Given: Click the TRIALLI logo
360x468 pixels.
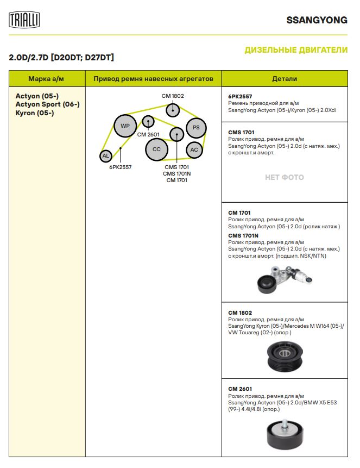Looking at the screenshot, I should pos(24,20).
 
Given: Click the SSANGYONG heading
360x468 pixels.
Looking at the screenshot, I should pos(317,20).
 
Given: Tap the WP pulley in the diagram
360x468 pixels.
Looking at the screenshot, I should pos(125,126).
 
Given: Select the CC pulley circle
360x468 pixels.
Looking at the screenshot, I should pos(156,149).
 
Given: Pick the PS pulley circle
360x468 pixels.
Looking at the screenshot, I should pos(196,128).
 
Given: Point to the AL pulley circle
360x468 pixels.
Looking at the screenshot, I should pos(106,156).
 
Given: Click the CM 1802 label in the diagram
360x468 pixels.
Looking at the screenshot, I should pos(173,96).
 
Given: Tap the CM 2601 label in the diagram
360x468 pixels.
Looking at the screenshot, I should pos(148,134).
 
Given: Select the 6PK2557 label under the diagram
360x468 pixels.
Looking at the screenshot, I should pos(120,167).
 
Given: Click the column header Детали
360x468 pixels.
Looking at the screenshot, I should pos(284,79).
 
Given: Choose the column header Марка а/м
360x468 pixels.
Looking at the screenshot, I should pos(46,79).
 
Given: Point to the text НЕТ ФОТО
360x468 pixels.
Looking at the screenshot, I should pos(284,177).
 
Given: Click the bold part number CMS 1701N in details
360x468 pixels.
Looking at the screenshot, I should pos(243,235).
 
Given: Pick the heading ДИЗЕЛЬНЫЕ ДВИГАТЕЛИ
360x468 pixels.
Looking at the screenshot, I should pos(296,50).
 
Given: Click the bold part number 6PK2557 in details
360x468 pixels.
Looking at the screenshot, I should pos(240,96).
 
